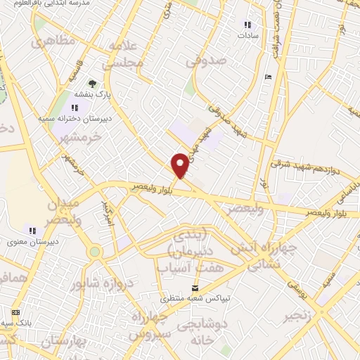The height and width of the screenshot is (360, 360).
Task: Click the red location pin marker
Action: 180,165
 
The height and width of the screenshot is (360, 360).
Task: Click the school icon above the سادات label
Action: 246,22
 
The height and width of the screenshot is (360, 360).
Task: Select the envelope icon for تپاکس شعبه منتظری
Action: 195,288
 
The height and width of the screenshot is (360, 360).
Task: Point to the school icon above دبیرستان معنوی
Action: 32,230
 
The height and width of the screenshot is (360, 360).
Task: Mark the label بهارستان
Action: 63,342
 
